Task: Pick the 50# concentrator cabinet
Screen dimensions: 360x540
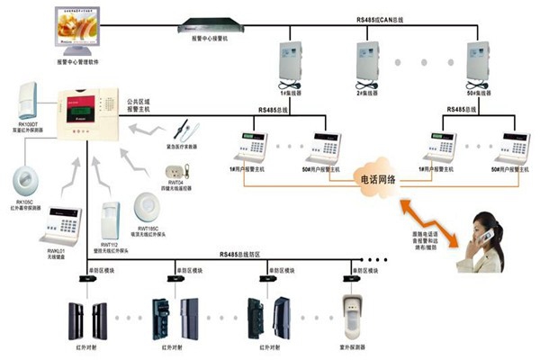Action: [x=478, y=61]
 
